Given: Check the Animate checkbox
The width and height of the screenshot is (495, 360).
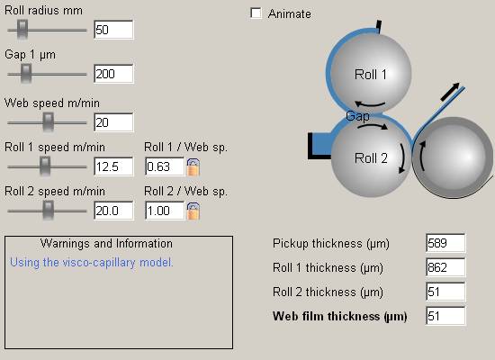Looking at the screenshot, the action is (256, 13).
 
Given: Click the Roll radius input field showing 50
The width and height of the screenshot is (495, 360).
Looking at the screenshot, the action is (113, 30).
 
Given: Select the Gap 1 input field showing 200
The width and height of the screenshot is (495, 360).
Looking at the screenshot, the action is (113, 74).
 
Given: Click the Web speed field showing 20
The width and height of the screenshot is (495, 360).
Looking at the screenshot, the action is (113, 122).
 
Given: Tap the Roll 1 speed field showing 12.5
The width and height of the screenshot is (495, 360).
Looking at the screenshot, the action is (113, 166).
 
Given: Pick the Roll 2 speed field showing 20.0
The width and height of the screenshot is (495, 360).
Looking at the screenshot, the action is (113, 211).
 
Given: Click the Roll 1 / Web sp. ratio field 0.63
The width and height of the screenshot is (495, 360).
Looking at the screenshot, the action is (165, 166).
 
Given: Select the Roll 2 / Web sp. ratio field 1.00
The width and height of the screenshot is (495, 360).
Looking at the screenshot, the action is (165, 211).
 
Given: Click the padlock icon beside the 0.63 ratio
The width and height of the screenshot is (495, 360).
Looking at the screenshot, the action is (193, 167).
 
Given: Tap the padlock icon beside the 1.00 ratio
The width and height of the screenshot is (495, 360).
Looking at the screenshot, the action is (193, 211).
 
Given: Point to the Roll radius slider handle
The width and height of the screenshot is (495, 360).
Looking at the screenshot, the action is (22, 30).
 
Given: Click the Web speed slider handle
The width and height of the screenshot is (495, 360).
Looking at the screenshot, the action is (49, 122).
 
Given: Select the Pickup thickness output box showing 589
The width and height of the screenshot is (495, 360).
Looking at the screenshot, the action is (445, 243).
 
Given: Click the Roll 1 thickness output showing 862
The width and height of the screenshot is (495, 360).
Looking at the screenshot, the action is (445, 267).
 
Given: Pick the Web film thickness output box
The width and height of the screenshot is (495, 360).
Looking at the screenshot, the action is (445, 316).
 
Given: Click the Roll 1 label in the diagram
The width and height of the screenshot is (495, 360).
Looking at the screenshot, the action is (370, 75).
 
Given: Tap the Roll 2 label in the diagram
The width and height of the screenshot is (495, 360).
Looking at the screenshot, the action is (371, 158).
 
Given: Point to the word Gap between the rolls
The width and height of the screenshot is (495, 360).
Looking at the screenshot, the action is (357, 116).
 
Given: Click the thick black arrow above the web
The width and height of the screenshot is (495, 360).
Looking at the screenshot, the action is (450, 92).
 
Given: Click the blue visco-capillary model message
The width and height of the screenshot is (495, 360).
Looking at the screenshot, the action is (92, 263).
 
